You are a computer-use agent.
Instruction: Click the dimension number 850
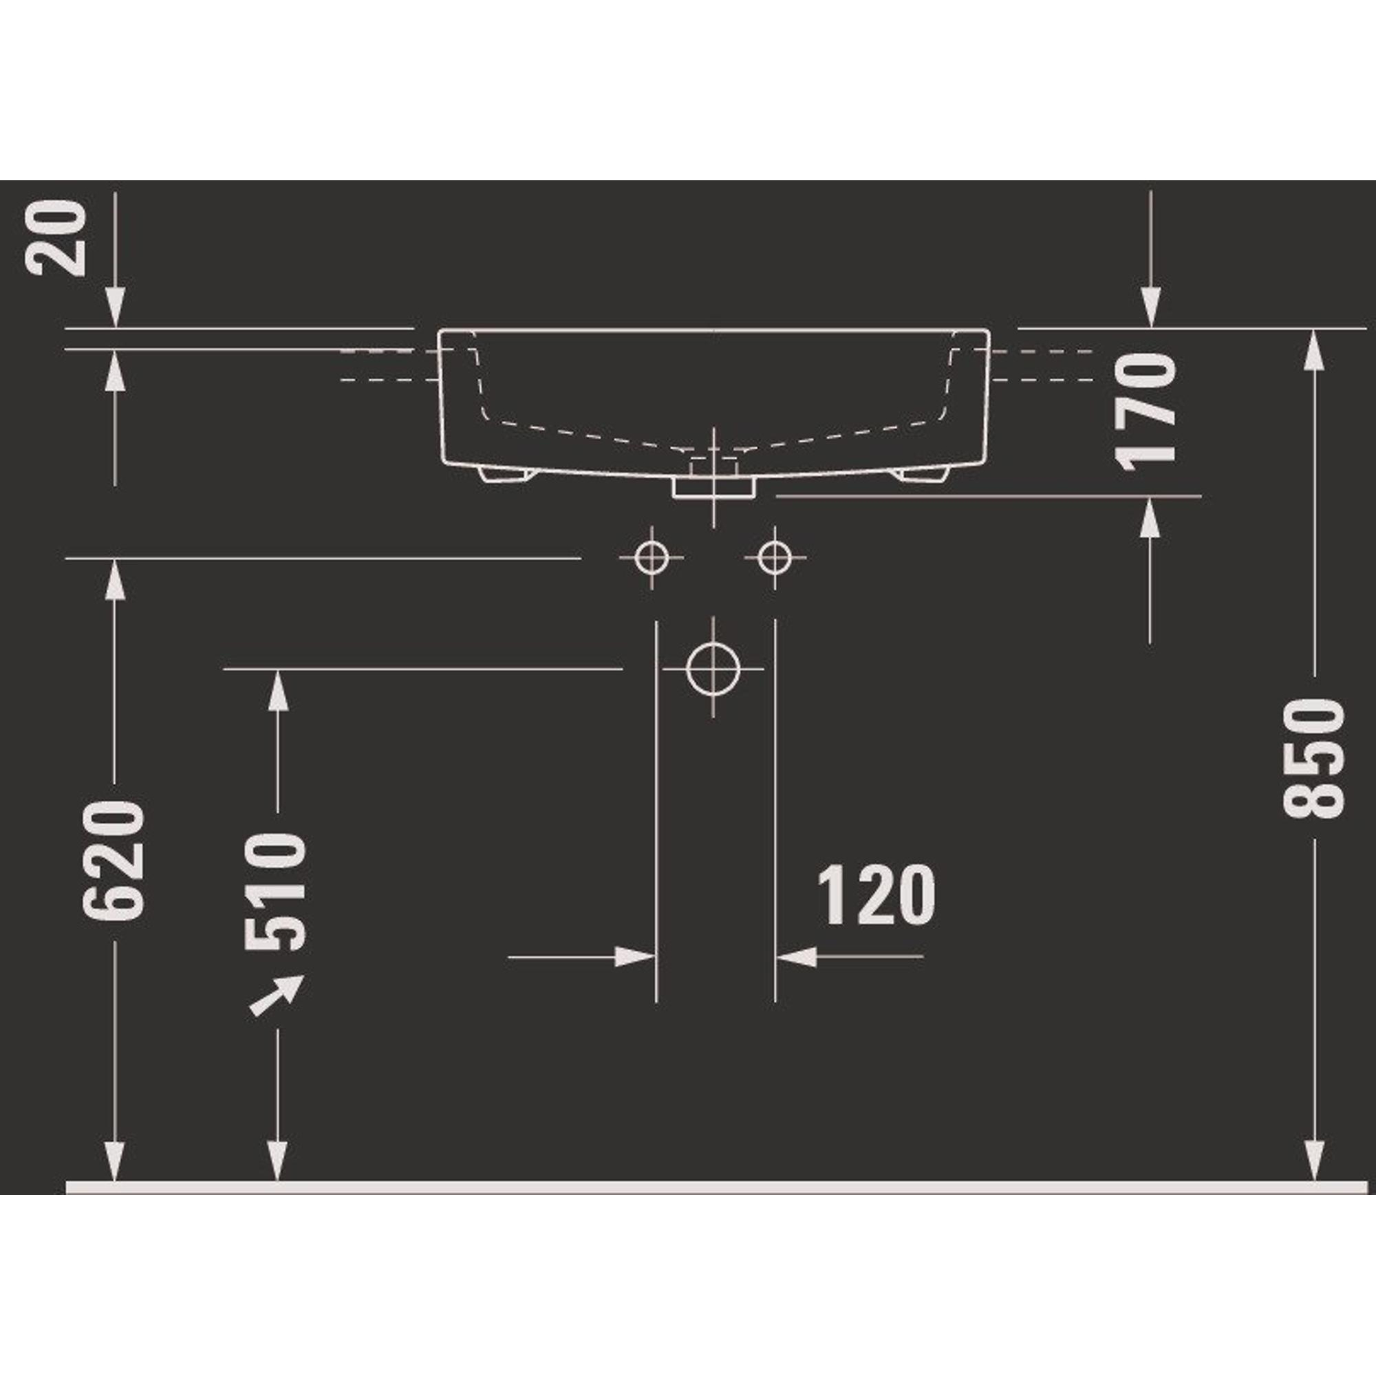pyautogui.click(x=1314, y=757)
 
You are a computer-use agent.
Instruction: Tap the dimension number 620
pyautogui.click(x=114, y=861)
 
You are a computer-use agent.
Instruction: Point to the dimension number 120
pyautogui.click(x=876, y=895)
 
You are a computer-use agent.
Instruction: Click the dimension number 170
pyautogui.click(x=1146, y=412)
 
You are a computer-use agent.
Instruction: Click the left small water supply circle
pyautogui.click(x=652, y=558)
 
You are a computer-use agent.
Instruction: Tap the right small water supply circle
pyautogui.click(x=775, y=558)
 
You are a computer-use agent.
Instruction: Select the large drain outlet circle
pyautogui.click(x=713, y=669)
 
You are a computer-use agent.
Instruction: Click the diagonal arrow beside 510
pyautogui.click(x=277, y=994)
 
